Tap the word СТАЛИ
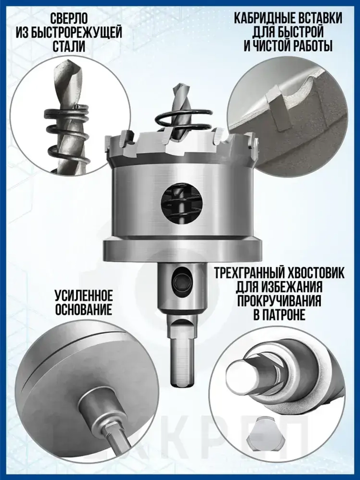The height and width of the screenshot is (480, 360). [x=69, y=46]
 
